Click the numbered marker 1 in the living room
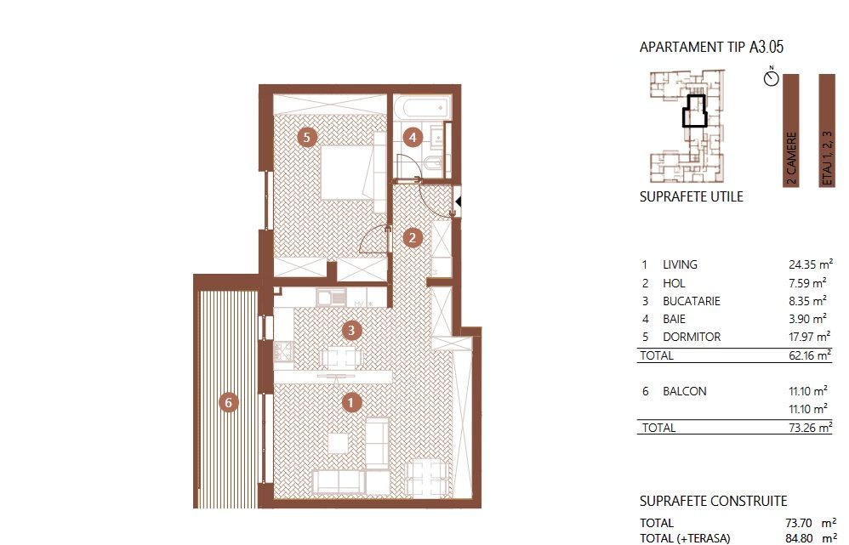coord(351,402)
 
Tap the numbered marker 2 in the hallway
coord(412,238)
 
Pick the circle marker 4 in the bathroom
coord(413,136)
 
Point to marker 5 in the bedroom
coord(307,136)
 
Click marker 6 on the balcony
coord(227,402)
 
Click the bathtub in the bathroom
coord(420,108)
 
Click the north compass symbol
coord(772,77)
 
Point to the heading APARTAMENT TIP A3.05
coord(711,47)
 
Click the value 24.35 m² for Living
coord(807,264)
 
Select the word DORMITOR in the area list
coord(691,337)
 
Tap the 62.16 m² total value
coord(807,356)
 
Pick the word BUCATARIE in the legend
coord(692,301)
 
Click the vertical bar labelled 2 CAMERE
coord(791,130)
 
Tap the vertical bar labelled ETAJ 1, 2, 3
coord(826,130)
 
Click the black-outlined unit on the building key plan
coord(695,111)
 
